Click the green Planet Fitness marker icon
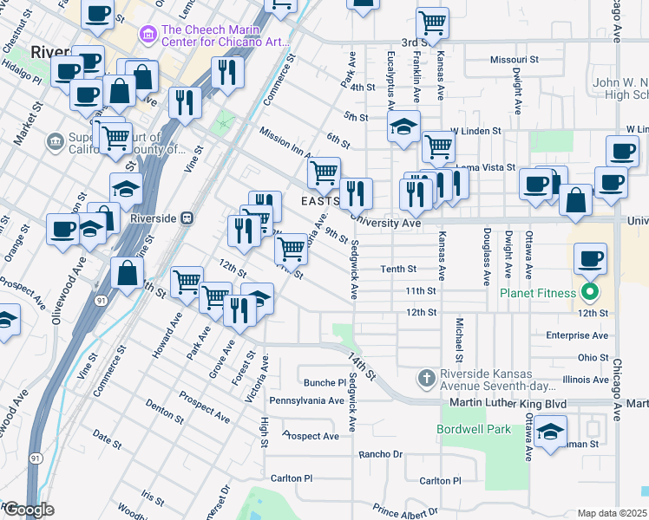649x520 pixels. pyautogui.click(x=591, y=292)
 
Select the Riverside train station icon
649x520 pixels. pyautogui.click(x=187, y=218)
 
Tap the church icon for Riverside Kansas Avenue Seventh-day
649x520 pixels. pyautogui.click(x=425, y=378)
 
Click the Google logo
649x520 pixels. pyautogui.click(x=28, y=510)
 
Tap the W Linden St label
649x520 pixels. pyautogui.click(x=475, y=131)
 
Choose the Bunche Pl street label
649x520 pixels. pyautogui.click(x=324, y=382)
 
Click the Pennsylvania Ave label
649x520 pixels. pyautogui.click(x=306, y=400)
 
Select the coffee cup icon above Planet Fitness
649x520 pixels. pyautogui.click(x=591, y=258)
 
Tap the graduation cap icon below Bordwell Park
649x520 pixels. pyautogui.click(x=551, y=432)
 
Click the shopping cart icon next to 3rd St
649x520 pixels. pyautogui.click(x=431, y=23)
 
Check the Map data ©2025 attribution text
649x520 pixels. pyautogui.click(x=613, y=513)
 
